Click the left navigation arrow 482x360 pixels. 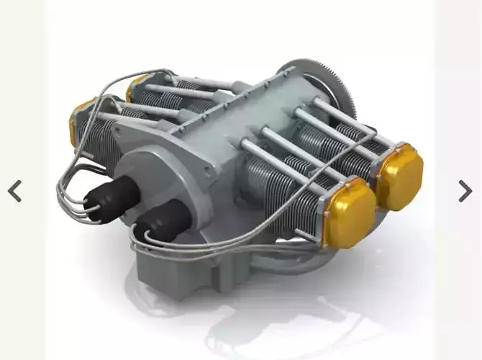tap(14, 191)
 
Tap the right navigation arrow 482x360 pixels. tap(465, 191)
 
